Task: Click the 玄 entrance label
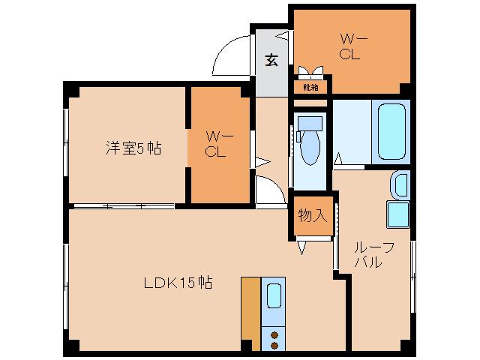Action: [x=271, y=61]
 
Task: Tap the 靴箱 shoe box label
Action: [x=310, y=87]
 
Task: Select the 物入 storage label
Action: [x=312, y=216]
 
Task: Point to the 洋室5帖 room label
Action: [x=132, y=148]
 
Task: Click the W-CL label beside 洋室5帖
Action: [x=218, y=143]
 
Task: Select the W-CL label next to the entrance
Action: [x=349, y=46]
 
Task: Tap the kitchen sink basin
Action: [x=274, y=298]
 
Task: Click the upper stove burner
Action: [x=274, y=334]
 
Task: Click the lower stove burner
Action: [x=274, y=345]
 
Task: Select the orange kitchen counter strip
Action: [x=250, y=313]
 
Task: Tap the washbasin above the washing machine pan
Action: [x=400, y=182]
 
